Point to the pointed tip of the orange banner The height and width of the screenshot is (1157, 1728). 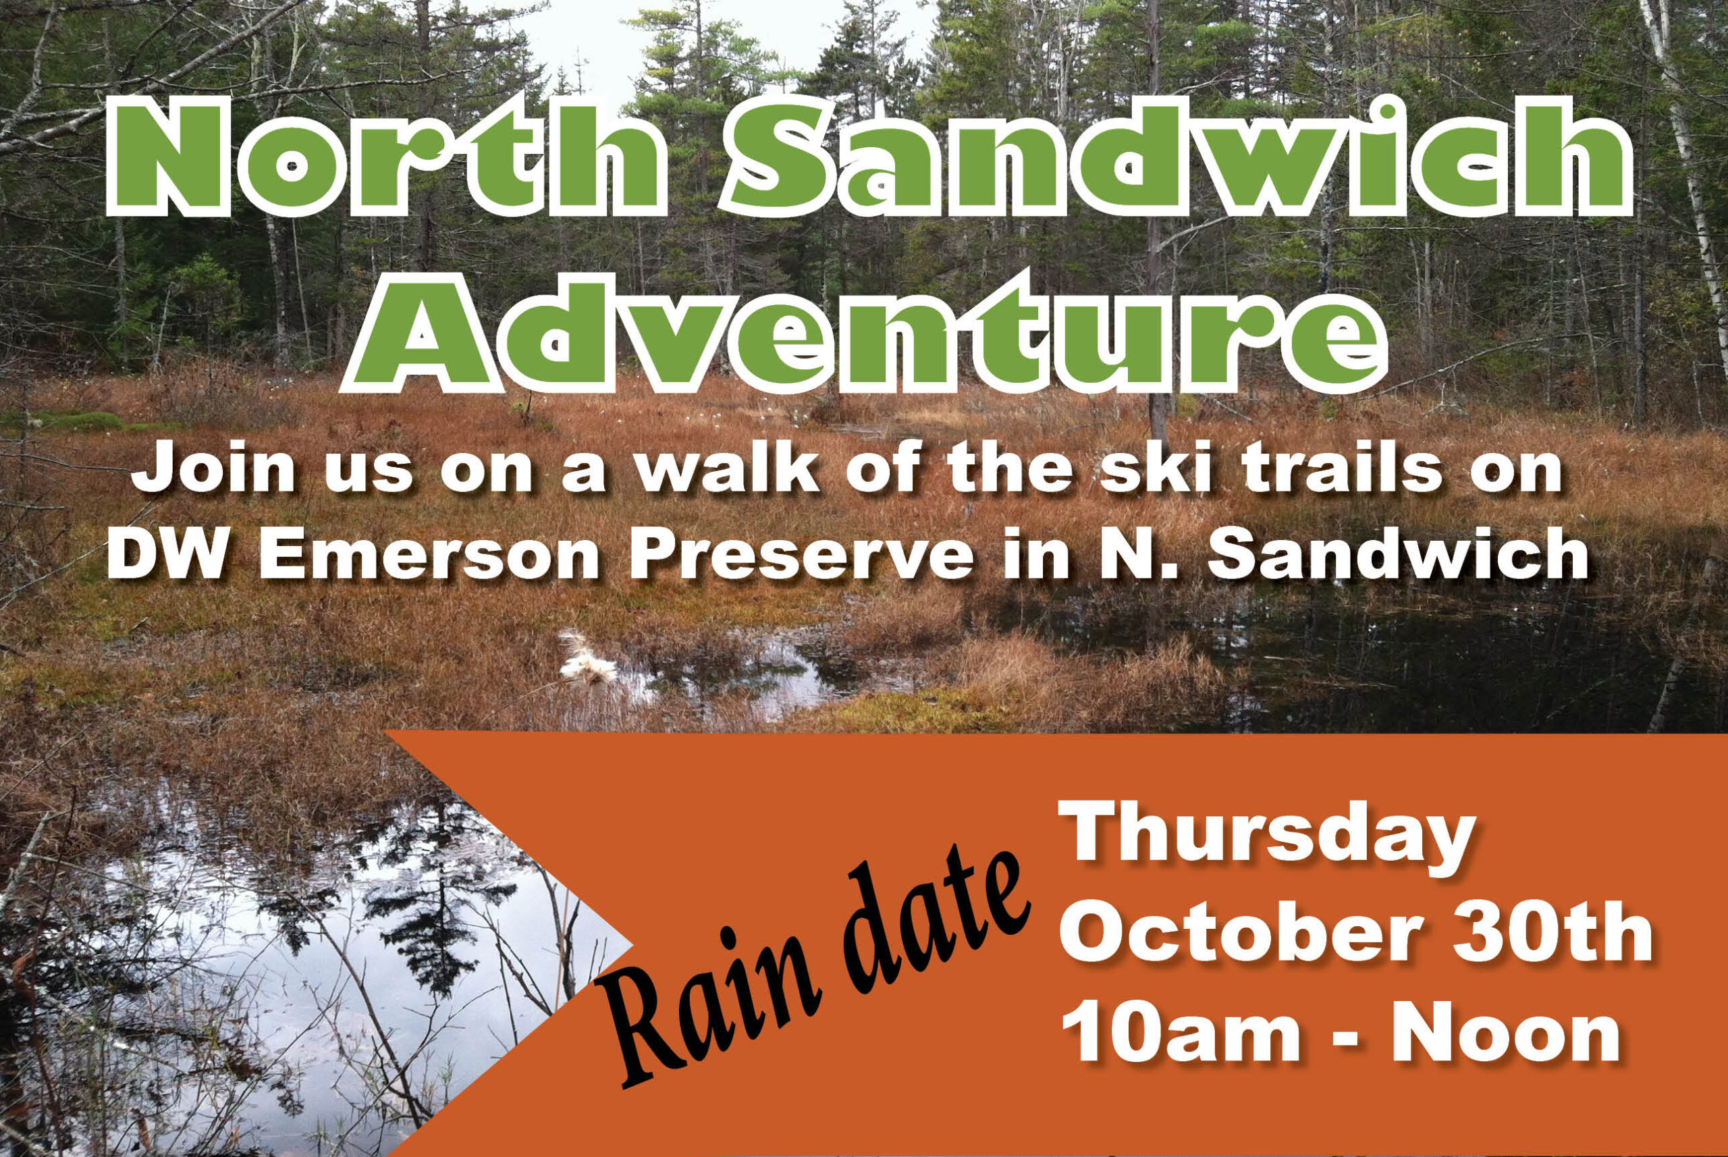[632, 944]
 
